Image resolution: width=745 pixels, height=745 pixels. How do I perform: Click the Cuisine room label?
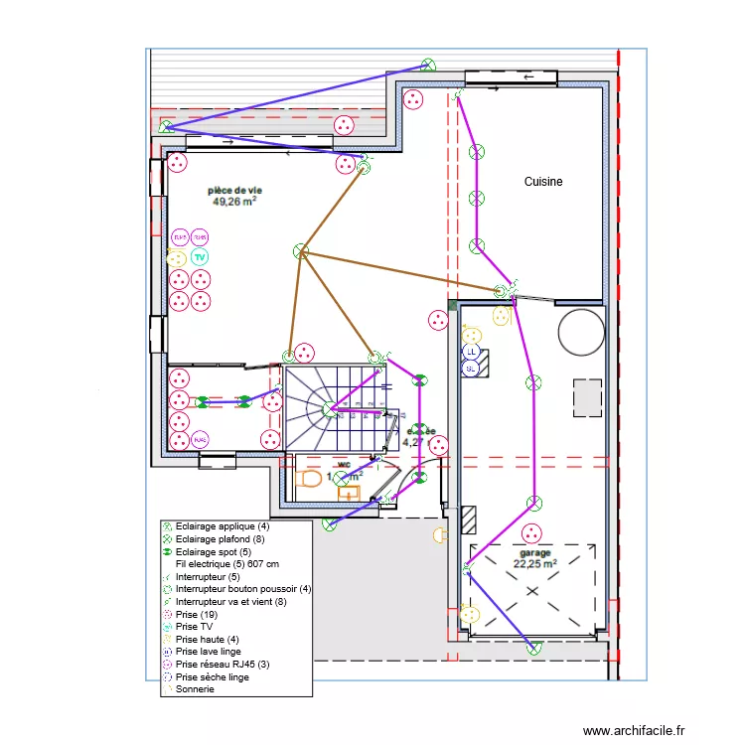pos(543,182)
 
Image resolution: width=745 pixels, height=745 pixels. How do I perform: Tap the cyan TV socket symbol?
pos(200,257)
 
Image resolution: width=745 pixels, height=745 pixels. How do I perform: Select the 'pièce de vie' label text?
pos(234,189)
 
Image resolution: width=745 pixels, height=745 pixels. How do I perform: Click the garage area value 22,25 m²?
pos(534,563)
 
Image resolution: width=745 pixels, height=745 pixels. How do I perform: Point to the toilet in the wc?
pos(308,479)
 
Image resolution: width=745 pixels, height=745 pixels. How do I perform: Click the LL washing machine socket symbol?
pos(472,353)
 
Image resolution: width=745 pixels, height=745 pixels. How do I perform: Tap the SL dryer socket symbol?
pos(472,368)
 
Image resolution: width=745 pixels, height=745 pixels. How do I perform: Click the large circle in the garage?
pos(581,331)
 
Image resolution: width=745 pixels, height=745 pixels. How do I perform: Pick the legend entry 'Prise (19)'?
pos(194,614)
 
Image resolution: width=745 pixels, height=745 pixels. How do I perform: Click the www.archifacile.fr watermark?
pos(634,730)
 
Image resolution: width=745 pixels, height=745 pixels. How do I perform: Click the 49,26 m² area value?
pos(234,201)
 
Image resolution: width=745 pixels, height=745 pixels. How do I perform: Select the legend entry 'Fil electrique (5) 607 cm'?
pos(227,563)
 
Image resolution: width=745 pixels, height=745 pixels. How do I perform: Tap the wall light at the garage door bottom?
pos(535,649)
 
